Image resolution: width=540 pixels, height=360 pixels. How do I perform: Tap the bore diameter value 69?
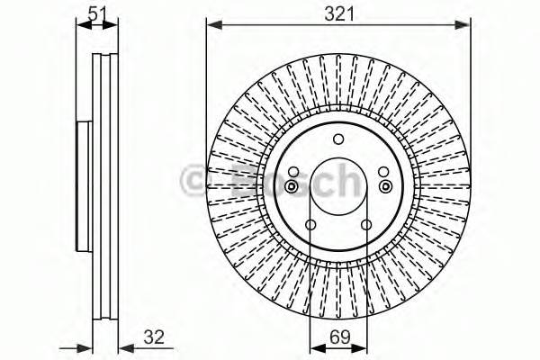click(x=338, y=340)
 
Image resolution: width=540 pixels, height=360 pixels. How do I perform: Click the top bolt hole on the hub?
click(x=338, y=139)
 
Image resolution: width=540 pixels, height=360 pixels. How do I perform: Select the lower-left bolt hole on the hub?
click(x=311, y=226)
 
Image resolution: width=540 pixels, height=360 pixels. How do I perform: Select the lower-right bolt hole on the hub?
click(x=366, y=226)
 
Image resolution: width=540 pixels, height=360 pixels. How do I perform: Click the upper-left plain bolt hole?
click(x=294, y=172)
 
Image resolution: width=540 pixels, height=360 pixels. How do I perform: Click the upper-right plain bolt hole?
click(x=382, y=172)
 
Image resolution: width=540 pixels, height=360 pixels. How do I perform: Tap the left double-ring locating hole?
click(x=292, y=186)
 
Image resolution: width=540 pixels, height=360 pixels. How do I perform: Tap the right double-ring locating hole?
click(x=385, y=186)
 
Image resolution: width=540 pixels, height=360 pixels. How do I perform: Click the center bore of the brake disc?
click(x=338, y=186)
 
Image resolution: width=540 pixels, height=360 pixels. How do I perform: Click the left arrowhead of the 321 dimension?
click(x=212, y=26)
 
